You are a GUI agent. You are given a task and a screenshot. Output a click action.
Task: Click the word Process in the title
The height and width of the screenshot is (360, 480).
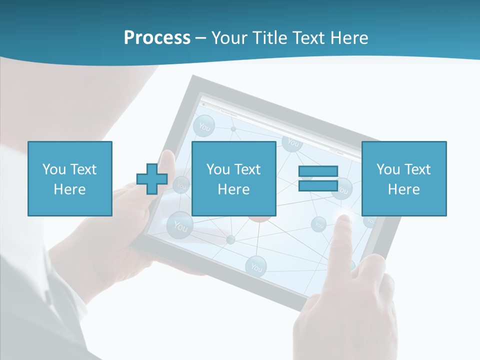click(x=157, y=38)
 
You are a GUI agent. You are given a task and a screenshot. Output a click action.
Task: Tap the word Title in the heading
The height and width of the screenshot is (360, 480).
click(x=270, y=38)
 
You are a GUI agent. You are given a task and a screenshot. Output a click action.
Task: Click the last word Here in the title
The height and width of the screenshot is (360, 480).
click(x=350, y=38)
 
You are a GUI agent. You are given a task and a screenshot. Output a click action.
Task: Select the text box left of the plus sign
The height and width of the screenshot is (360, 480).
click(x=69, y=178)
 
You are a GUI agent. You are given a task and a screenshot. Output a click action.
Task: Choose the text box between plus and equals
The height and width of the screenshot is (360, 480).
click(x=233, y=178)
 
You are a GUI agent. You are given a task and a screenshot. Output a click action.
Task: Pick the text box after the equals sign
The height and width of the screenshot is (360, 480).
click(x=403, y=178)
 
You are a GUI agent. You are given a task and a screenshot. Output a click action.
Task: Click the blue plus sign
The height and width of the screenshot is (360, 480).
click(x=152, y=179)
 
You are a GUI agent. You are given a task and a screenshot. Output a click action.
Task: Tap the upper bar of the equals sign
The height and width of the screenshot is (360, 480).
click(x=318, y=171)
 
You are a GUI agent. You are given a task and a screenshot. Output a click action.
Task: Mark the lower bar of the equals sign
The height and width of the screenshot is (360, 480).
click(x=318, y=185)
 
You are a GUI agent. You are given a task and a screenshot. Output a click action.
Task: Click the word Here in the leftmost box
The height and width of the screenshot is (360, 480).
click(x=69, y=189)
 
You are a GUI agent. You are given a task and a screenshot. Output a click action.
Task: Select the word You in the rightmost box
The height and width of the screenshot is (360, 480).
click(x=388, y=169)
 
